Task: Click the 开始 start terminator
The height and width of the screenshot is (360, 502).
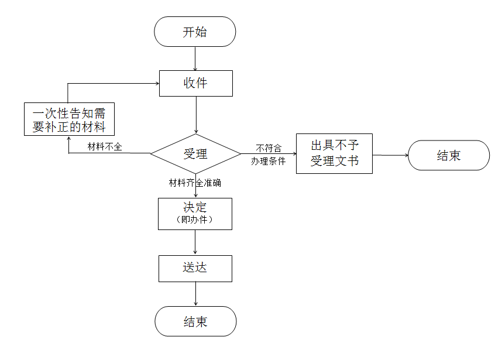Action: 195,32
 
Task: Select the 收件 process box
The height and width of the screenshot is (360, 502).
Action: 195,83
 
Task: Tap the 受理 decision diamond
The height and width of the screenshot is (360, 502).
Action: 195,154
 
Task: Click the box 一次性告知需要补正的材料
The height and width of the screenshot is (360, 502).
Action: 69,119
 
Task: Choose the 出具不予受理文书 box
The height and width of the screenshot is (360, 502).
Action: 334,153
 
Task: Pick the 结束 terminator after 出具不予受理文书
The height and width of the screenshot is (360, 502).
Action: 448,156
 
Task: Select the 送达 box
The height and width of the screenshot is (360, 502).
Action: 195,268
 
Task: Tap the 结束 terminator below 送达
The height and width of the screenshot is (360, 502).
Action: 195,321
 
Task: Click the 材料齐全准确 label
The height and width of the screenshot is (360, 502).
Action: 195,183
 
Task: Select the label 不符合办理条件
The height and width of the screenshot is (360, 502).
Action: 269,155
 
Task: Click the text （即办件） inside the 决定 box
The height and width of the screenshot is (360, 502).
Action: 195,220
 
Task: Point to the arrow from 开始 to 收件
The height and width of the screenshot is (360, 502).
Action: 195,59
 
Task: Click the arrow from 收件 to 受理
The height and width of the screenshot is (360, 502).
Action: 195,115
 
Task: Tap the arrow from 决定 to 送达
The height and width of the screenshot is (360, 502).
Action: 195,242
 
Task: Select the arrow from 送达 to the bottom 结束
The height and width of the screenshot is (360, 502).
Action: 195,294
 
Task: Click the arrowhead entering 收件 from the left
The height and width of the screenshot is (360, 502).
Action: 157,83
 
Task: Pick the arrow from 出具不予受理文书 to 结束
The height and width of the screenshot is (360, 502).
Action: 390,155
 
